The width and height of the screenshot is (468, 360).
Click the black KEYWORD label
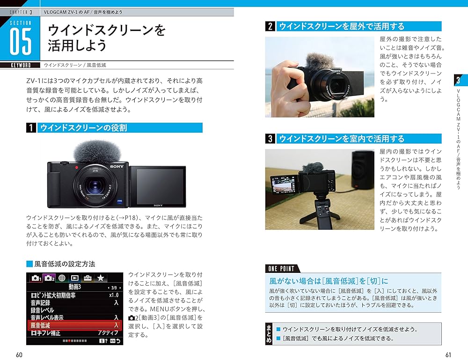[x=21, y=66]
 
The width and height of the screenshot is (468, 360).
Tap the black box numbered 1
[x=31, y=128]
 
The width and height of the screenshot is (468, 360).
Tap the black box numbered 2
[x=270, y=27]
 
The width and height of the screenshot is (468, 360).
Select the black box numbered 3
[x=270, y=139]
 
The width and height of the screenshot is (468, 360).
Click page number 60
[x=19, y=355]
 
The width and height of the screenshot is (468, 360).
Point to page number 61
[x=448, y=355]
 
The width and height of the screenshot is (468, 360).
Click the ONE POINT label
[x=281, y=269]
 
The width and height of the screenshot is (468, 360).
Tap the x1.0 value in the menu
[x=114, y=295]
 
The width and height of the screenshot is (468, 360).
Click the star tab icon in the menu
[x=101, y=278]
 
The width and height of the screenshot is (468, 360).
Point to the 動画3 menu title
[x=75, y=287]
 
